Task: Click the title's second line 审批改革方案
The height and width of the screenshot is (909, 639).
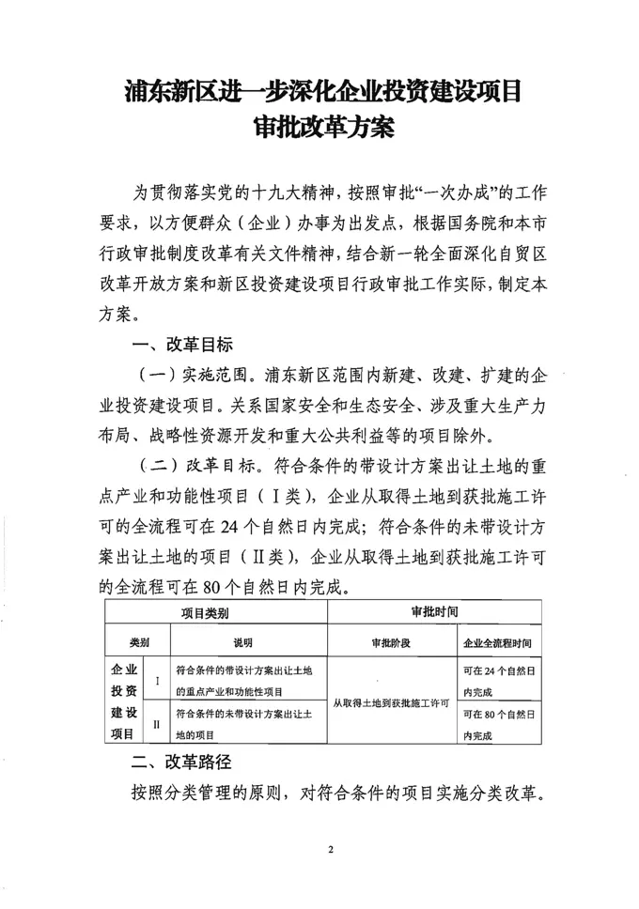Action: pyautogui.click(x=320, y=126)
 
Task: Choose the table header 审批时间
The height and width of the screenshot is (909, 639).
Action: pyautogui.click(x=434, y=612)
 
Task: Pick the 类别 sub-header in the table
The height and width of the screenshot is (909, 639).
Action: pyautogui.click(x=140, y=643)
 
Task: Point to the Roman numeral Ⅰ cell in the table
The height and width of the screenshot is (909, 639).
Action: pyautogui.click(x=156, y=680)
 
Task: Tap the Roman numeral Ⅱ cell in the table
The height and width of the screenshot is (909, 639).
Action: pyautogui.click(x=156, y=724)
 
